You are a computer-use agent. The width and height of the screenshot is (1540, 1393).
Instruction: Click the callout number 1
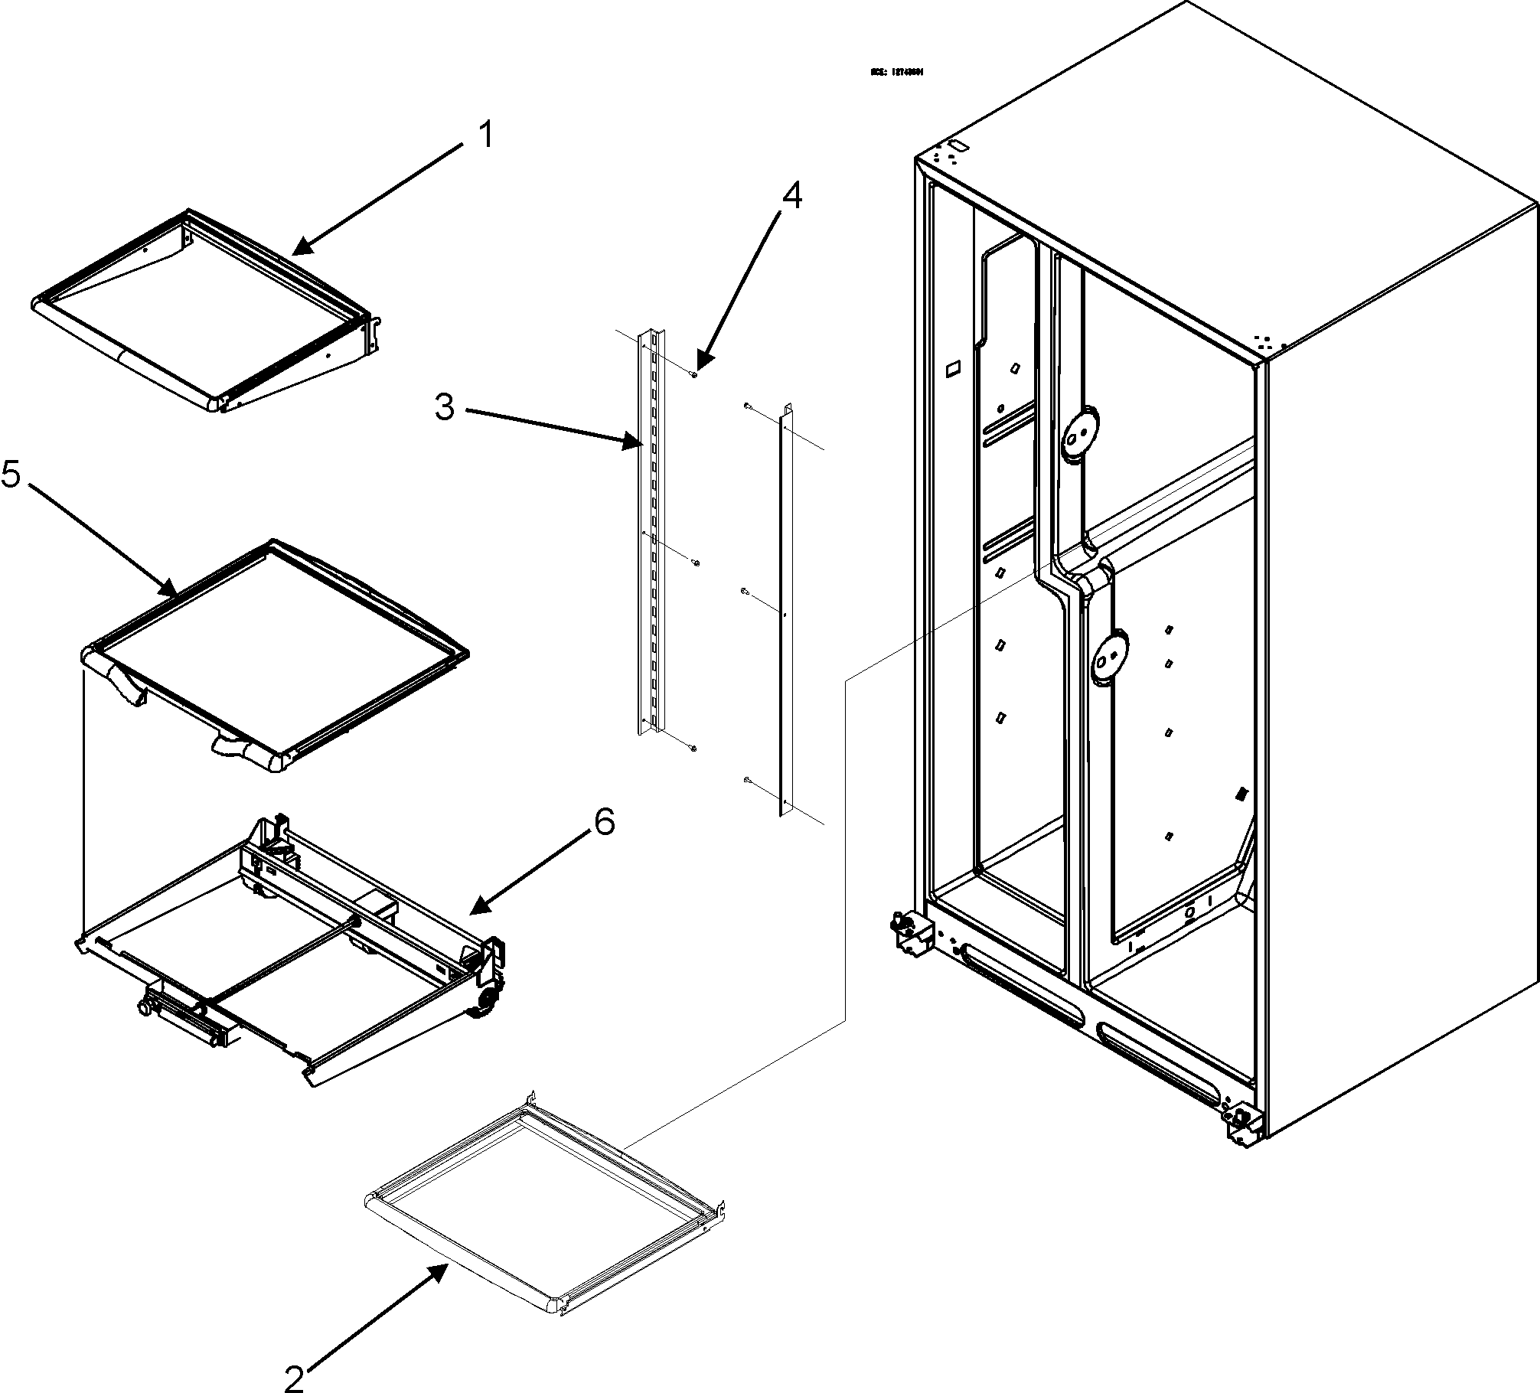[486, 135]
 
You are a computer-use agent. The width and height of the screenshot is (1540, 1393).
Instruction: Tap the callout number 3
[445, 407]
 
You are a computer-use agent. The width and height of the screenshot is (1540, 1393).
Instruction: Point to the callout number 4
[791, 196]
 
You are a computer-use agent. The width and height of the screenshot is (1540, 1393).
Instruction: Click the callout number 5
[11, 475]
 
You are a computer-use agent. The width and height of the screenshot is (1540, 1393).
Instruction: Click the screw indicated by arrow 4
[693, 374]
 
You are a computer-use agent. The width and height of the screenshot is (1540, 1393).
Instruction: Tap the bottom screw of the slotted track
[693, 747]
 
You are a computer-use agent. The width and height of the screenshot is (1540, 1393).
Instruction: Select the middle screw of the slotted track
[696, 563]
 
